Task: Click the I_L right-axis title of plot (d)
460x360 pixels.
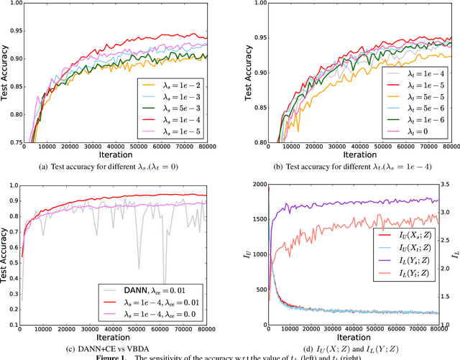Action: coord(455,252)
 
